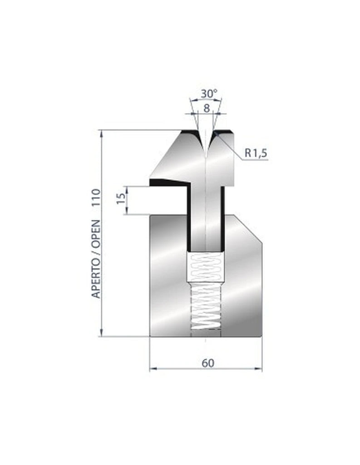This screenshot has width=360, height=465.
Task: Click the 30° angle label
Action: point(209,94)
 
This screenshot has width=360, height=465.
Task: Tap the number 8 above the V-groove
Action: point(207,108)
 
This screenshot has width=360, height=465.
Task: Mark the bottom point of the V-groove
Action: point(206,154)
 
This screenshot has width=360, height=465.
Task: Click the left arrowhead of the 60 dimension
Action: point(153,369)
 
